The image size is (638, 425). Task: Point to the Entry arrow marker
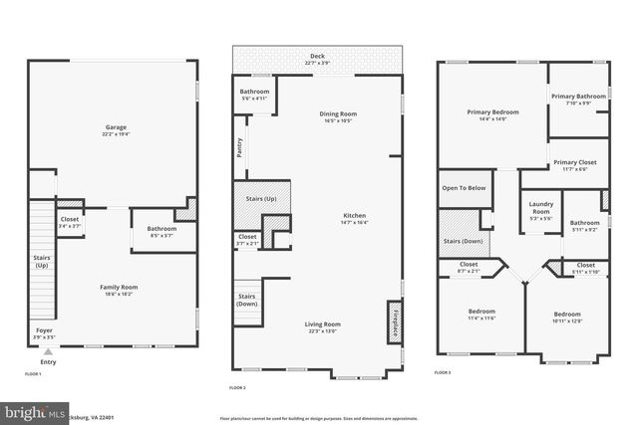pos(47,350)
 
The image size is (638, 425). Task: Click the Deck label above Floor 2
pos(317,57)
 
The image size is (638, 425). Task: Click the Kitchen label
pos(354,218)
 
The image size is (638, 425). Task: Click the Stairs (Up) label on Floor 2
pos(261,198)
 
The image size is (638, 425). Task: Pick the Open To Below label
pos(464,187)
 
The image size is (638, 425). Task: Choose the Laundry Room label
pos(540,207)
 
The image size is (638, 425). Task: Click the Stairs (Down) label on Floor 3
pos(463,241)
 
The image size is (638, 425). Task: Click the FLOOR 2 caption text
pos(237,385)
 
